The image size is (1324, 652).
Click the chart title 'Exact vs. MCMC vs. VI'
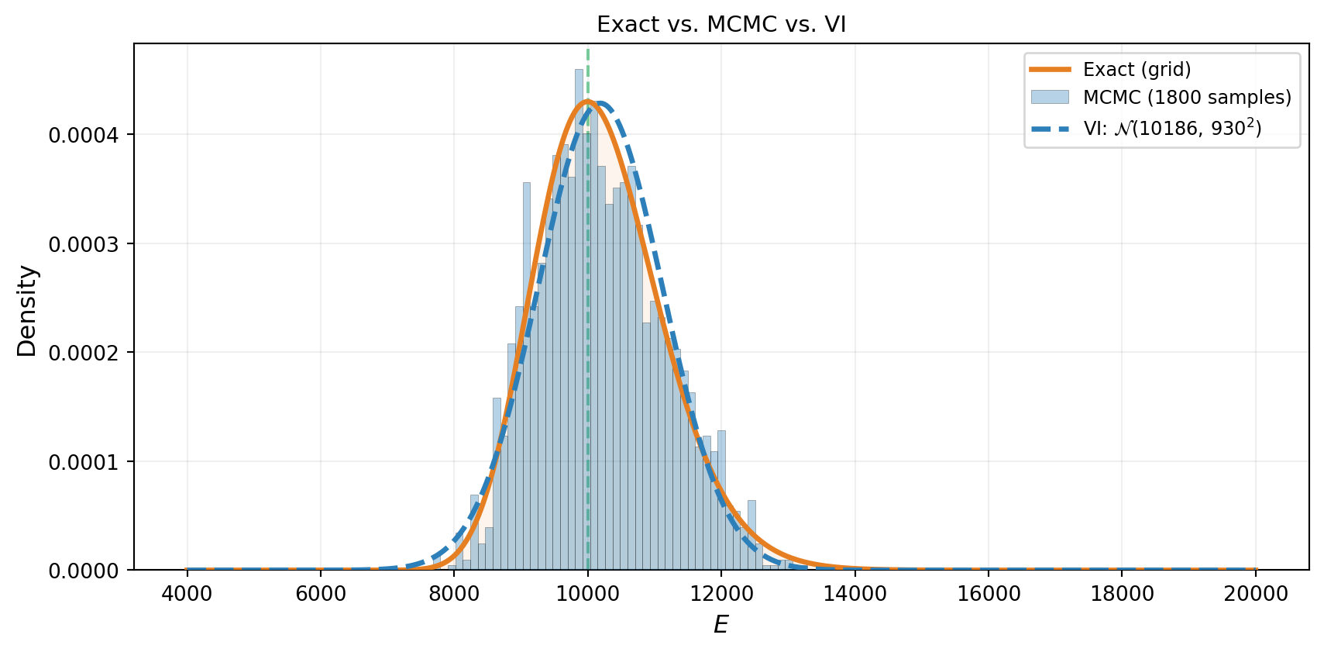tap(720, 24)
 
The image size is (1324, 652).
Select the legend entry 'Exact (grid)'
tap(1137, 69)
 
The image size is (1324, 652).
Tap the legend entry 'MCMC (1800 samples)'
tap(1187, 98)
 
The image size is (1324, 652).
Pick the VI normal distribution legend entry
tap(1172, 128)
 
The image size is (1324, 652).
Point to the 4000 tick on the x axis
tap(187, 594)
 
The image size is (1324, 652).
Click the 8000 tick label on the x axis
tap(454, 594)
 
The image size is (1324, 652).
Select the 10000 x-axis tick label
tap(587, 594)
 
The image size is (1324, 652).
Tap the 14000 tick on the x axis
tap(855, 594)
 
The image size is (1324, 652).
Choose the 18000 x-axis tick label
tap(1123, 594)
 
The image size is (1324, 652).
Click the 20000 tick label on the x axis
tap(1256, 594)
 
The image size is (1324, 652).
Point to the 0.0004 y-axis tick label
tap(82, 136)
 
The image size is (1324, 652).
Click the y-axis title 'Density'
tap(27, 311)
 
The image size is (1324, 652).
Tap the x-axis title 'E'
tap(720, 625)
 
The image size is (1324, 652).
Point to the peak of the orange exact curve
tap(587, 101)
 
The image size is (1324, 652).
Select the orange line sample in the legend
tap(1050, 69)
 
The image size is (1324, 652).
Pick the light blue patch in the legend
tap(1050, 98)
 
